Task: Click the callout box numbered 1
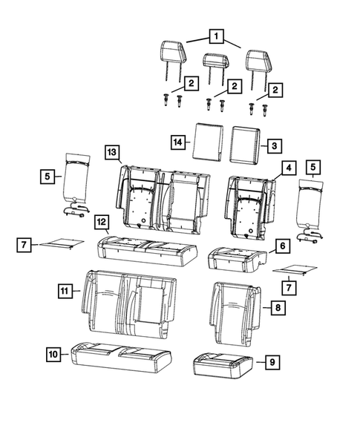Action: (216, 36)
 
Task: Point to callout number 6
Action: (282, 243)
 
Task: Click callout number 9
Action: (272, 361)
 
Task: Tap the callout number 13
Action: (111, 152)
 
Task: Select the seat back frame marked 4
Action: (251, 204)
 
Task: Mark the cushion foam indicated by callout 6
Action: (236, 257)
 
